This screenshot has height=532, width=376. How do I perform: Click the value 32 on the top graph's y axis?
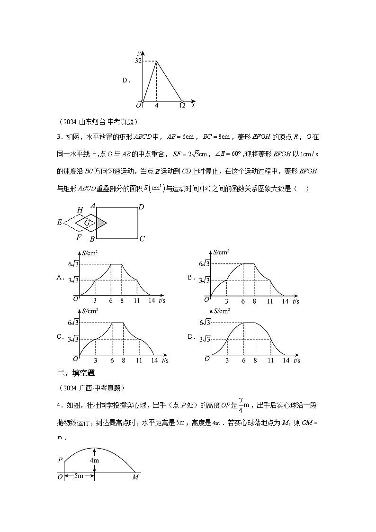pos(138,61)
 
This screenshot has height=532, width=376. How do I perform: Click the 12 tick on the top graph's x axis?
pos(182,106)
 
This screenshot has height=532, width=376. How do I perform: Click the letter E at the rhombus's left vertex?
pos(60,222)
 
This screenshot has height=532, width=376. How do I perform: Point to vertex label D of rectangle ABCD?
pos(142,207)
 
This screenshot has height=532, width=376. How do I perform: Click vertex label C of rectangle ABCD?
pos(142,239)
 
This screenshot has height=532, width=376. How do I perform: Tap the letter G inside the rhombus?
pos(87,222)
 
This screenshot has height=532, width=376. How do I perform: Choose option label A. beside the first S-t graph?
pos(61,278)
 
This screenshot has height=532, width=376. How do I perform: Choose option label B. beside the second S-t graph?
pos(191,278)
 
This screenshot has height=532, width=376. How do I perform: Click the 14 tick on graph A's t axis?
pos(152,301)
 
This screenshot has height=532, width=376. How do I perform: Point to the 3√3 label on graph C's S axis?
pos(73,339)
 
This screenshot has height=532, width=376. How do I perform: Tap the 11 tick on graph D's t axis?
pos(270,360)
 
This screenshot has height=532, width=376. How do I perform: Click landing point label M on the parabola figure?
pos(135,477)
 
